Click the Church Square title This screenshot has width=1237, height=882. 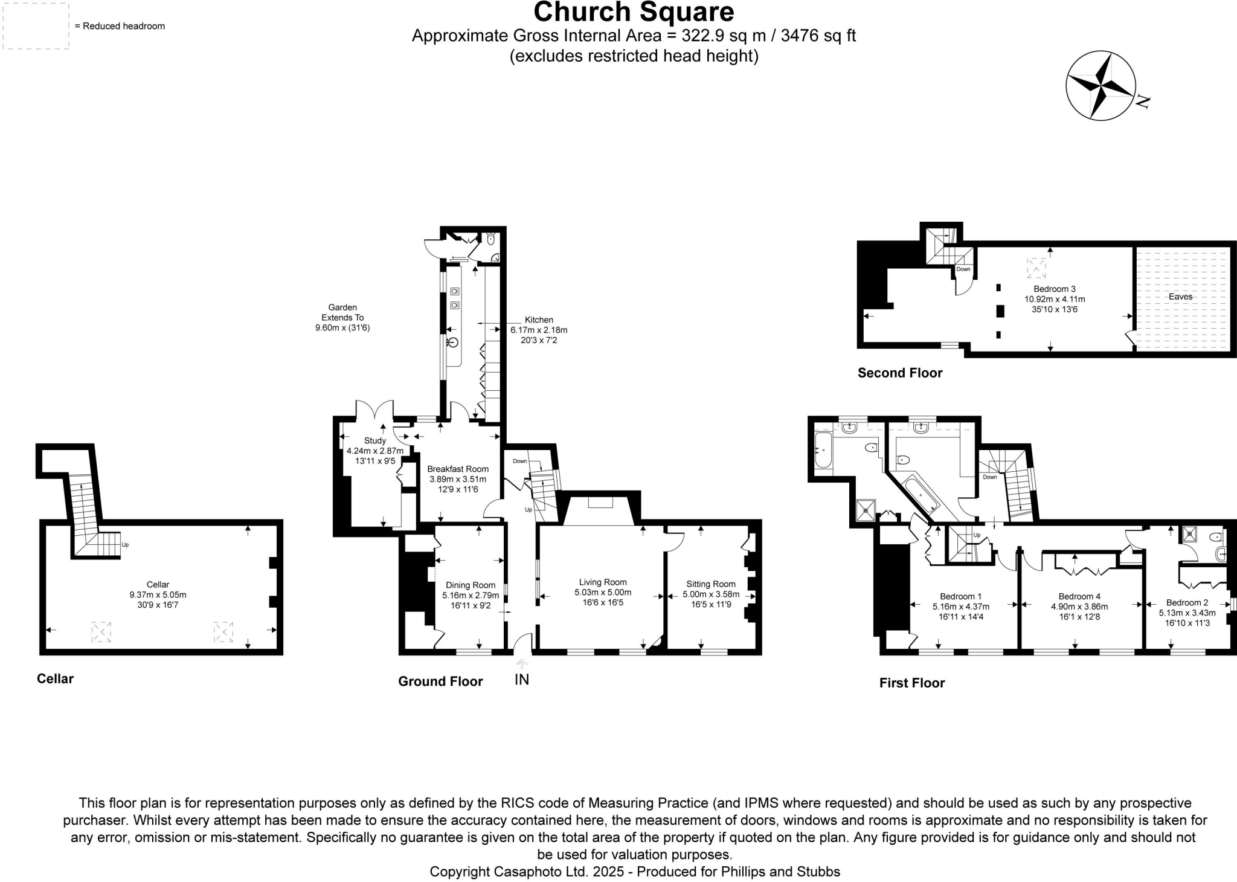(x=634, y=12)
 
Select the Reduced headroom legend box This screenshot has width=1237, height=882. (x=36, y=26)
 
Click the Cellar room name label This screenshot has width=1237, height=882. (x=158, y=584)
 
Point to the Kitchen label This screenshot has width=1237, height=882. (x=539, y=320)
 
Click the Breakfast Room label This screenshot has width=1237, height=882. (x=458, y=469)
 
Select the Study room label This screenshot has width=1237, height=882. (x=374, y=441)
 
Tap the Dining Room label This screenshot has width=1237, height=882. (x=471, y=585)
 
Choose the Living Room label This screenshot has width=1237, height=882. (x=603, y=582)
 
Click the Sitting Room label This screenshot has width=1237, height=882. (x=711, y=584)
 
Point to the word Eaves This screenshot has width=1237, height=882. (x=1180, y=297)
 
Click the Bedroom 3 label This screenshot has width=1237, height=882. (x=1055, y=289)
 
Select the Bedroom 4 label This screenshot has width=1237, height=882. (x=1079, y=596)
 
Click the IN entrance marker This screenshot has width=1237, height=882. (x=522, y=680)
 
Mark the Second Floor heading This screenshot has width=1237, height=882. (x=900, y=373)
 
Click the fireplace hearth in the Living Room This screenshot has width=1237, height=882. (x=600, y=503)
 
